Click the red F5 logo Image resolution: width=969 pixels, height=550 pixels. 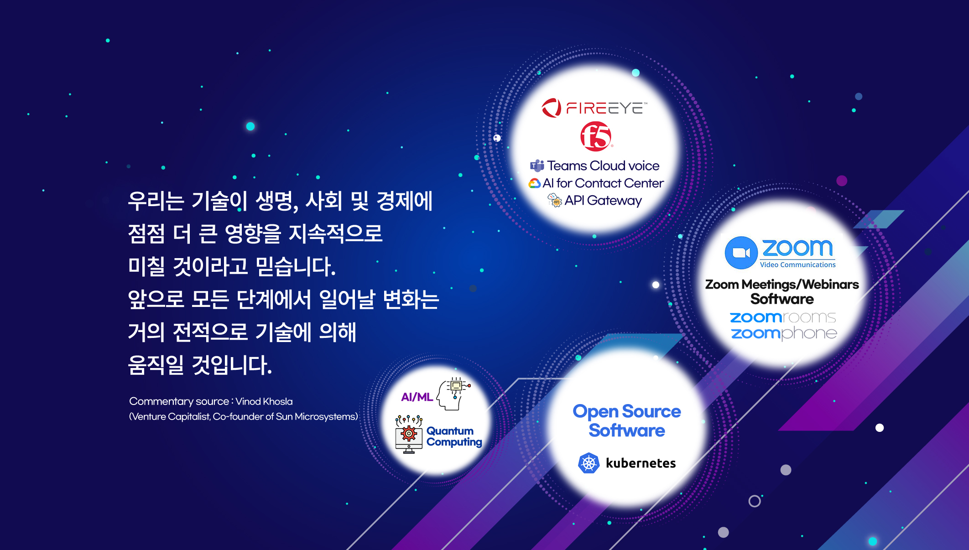click(596, 136)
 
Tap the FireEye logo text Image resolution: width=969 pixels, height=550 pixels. click(606, 108)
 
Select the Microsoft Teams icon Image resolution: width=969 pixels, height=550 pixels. click(537, 166)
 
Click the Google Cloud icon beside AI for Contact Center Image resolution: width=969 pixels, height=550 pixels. click(534, 183)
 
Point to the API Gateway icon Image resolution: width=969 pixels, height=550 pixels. click(555, 200)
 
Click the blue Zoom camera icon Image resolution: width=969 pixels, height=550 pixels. click(741, 253)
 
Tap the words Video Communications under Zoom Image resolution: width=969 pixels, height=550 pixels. click(797, 265)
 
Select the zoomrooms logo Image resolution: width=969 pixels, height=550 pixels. click(783, 317)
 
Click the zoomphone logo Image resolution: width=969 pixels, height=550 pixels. click(784, 333)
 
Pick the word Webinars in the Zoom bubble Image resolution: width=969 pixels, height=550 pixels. click(830, 284)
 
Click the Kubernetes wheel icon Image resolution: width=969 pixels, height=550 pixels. click(589, 463)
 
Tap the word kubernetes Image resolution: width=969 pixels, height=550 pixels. click(641, 463)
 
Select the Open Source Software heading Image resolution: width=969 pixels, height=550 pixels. click(627, 420)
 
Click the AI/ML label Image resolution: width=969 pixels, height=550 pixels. click(417, 397)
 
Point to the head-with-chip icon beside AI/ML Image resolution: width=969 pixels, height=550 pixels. click(453, 394)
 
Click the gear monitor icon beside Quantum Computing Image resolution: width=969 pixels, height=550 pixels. click(409, 434)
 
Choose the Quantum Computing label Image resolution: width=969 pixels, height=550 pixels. click(454, 436)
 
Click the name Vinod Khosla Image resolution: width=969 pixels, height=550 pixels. click(264, 401)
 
